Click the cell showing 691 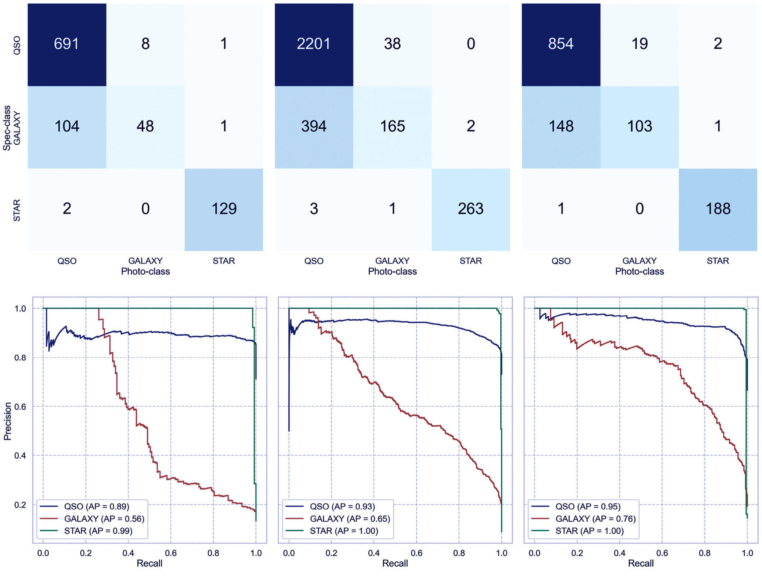click(x=67, y=44)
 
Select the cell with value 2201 click(x=314, y=44)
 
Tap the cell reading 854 click(x=561, y=44)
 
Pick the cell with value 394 click(x=314, y=126)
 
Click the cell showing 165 click(x=392, y=126)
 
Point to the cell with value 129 click(x=224, y=209)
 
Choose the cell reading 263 click(x=471, y=209)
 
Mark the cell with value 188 click(x=718, y=209)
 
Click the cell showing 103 click(x=640, y=126)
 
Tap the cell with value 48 click(x=145, y=126)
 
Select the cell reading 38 click(x=392, y=44)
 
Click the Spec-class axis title click(x=7, y=128)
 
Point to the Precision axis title click(x=7, y=421)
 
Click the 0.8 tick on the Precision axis click(x=20, y=358)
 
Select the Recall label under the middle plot click(x=395, y=563)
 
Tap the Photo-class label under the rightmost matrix click(x=639, y=272)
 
